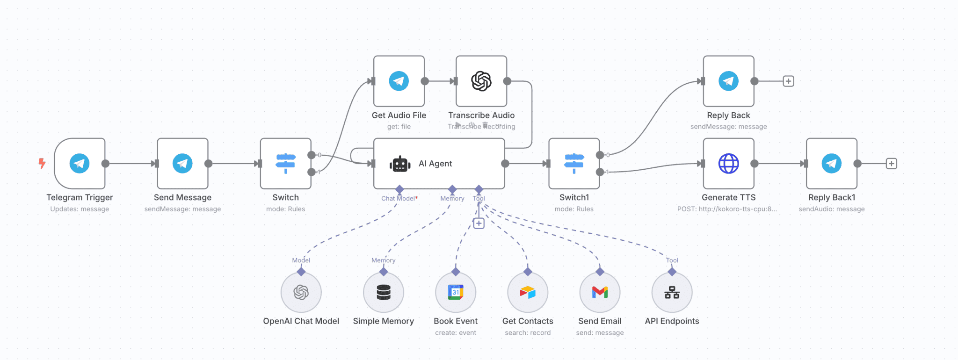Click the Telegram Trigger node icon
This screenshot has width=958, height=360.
click(80, 164)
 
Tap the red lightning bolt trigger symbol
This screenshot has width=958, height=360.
click(42, 163)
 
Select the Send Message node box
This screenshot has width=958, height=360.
click(182, 164)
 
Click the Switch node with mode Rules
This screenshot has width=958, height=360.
click(285, 164)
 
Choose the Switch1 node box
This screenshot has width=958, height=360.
click(574, 164)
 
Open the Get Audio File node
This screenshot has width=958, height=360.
click(399, 81)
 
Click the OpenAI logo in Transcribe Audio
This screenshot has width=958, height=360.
click(481, 81)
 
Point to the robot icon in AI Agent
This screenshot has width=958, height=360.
click(400, 164)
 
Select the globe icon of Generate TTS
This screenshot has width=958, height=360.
click(728, 164)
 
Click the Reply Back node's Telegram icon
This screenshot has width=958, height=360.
click(728, 81)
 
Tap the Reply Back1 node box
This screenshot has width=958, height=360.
click(831, 164)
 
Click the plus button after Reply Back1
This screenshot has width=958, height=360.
click(892, 164)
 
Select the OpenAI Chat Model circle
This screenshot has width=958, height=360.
click(301, 293)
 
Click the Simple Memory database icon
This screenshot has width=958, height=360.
click(384, 293)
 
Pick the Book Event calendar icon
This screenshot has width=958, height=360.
click(456, 293)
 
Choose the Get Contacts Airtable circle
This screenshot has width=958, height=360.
click(528, 293)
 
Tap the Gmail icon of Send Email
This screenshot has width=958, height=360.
click(600, 293)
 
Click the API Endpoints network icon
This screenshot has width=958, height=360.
click(672, 293)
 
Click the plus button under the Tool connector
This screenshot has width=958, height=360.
click(479, 223)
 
